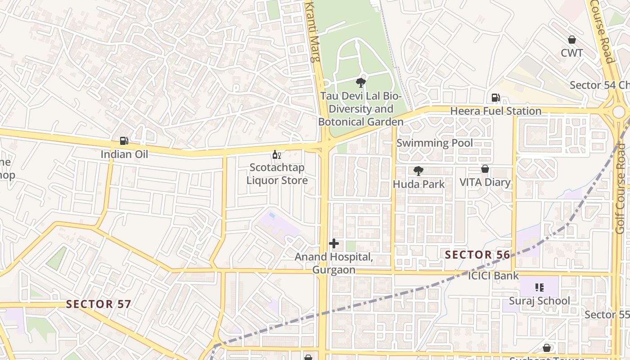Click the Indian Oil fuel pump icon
[x=124, y=141]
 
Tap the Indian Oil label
[x=124, y=154]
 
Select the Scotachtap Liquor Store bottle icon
[x=276, y=154]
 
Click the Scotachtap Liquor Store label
[x=277, y=174]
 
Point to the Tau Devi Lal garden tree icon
[x=360, y=82]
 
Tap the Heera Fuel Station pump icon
[x=495, y=97]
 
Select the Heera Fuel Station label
[x=495, y=111]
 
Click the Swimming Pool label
[x=434, y=143]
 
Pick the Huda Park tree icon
[x=418, y=171]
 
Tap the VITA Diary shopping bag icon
[x=485, y=169]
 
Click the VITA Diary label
[x=485, y=182]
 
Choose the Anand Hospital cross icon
[x=334, y=243]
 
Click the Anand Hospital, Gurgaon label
[x=334, y=263]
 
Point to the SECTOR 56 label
[x=477, y=255]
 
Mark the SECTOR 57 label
[x=99, y=304]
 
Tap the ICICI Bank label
[x=493, y=275]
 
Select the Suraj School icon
[x=540, y=287]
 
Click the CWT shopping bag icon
[x=572, y=40]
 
